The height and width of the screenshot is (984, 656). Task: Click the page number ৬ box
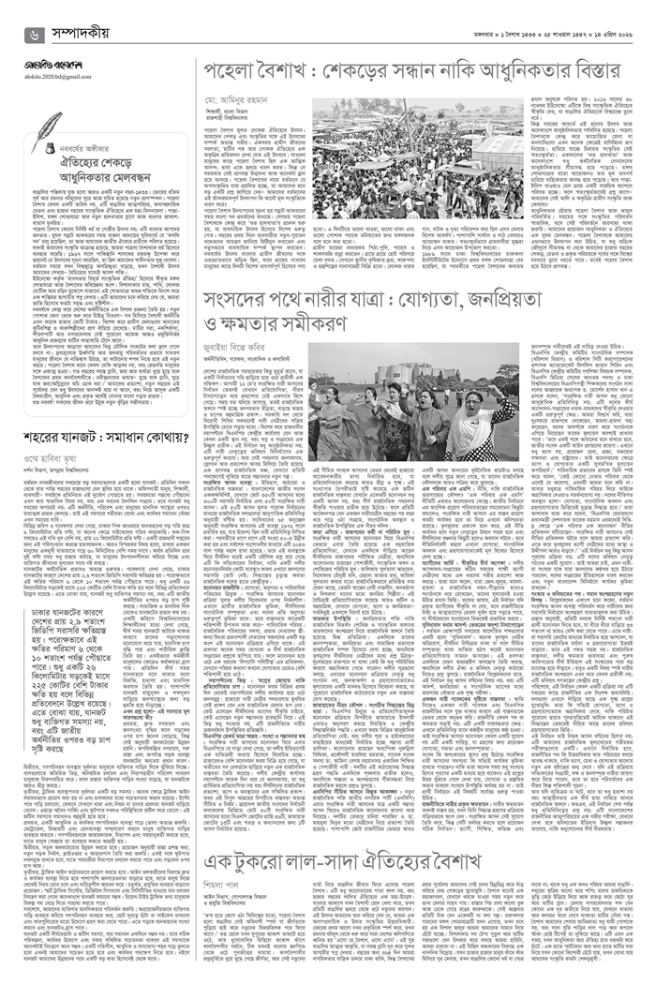pyautogui.click(x=36, y=34)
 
